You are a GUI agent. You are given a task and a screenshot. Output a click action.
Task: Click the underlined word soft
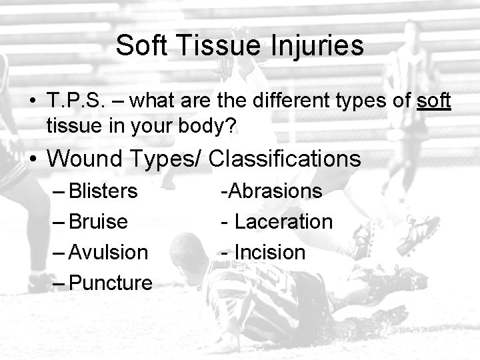pos(434,101)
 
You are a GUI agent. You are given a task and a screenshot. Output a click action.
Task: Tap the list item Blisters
pos(103,191)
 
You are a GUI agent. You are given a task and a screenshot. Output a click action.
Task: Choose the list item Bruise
pos(98,221)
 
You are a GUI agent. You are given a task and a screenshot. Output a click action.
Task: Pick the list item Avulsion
pos(108,252)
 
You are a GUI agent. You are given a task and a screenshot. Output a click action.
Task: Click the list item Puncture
pos(111,283)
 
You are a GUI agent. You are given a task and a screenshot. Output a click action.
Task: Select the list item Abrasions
pos(275,191)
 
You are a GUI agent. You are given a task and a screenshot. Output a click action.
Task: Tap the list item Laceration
pos(283,221)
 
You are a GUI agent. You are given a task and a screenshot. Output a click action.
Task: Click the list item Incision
pos(269,252)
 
